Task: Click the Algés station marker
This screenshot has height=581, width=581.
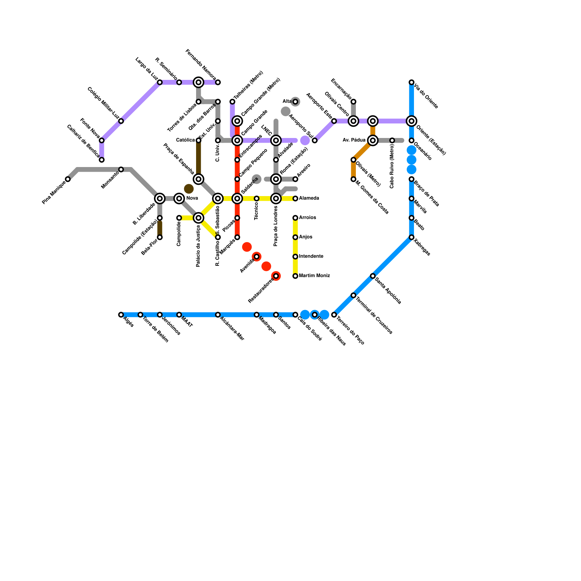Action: click(x=121, y=315)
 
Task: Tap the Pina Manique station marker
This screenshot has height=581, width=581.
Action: click(x=68, y=179)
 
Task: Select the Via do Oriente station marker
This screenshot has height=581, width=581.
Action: click(x=411, y=82)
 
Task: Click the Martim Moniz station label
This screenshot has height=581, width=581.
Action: click(x=314, y=276)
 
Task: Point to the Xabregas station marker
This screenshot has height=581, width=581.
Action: click(x=411, y=237)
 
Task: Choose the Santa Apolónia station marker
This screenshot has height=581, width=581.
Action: click(x=373, y=276)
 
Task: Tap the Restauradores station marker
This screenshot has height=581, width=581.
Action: click(x=276, y=276)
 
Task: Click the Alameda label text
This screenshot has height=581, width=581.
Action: click(x=309, y=199)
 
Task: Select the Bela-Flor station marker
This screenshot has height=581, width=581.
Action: click(x=160, y=237)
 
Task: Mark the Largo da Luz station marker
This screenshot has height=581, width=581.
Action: click(x=160, y=82)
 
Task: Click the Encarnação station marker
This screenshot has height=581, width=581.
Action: click(x=353, y=102)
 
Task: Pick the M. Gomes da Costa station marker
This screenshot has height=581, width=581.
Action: click(x=353, y=179)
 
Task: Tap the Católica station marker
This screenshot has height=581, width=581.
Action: click(x=199, y=141)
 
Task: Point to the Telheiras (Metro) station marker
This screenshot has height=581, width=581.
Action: click(x=232, y=102)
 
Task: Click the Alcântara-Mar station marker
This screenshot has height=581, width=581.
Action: click(x=218, y=315)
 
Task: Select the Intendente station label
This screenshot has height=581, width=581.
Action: click(x=311, y=257)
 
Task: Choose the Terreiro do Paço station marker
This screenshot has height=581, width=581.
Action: click(x=334, y=315)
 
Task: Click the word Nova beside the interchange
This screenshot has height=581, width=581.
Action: click(x=192, y=199)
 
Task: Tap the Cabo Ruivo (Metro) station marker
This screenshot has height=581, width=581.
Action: click(x=392, y=141)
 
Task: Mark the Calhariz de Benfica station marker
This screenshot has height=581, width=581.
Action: click(x=102, y=160)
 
